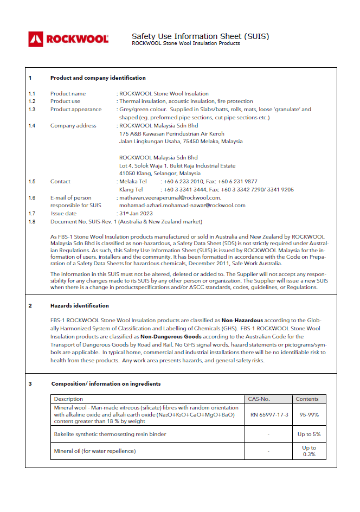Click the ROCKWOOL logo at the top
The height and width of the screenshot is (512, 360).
69,39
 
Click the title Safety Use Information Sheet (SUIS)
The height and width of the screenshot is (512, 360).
200,36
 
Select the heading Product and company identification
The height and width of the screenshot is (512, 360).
98,78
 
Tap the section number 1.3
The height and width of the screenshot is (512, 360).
32,109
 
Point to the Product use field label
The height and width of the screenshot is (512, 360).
65,101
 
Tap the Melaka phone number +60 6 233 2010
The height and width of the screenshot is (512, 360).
184,182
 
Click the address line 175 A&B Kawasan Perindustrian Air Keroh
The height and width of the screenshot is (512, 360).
171,133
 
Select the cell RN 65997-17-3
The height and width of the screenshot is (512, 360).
269,414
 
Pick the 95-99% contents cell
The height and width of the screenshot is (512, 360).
307,414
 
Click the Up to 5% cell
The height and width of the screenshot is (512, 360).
308,434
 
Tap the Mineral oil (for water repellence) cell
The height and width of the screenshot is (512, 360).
95,451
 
